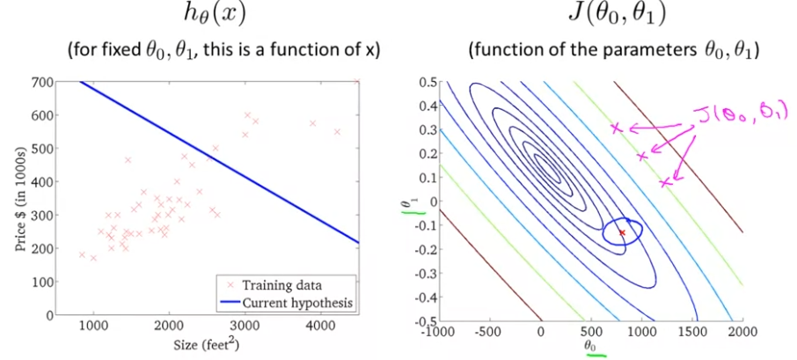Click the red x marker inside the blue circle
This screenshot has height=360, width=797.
[622, 232]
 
